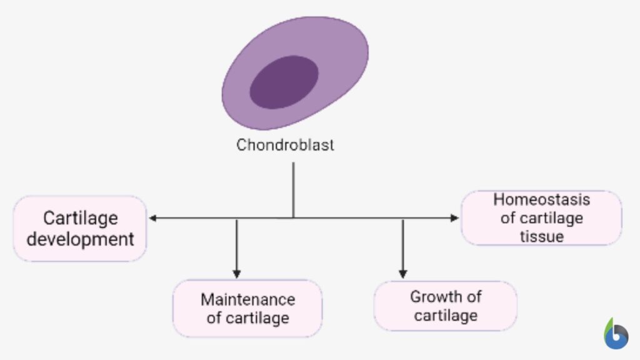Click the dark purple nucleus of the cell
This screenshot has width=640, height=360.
point(284,82)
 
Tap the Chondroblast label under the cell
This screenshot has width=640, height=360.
point(285,145)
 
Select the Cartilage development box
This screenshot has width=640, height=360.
point(80,228)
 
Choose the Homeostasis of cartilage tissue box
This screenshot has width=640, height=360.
point(541,217)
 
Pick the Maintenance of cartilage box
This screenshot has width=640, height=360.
point(247,308)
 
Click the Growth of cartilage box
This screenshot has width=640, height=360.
point(446,306)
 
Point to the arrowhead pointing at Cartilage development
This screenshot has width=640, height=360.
point(152,218)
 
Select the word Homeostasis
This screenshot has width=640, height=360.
point(541,199)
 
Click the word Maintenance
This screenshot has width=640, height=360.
point(247,299)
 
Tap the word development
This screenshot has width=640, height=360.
point(80,239)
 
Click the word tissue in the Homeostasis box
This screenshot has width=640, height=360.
point(541,236)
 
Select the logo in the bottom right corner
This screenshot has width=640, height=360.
point(616,334)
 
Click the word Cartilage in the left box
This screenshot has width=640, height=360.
point(80,218)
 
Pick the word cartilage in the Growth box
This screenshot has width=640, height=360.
point(446,315)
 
